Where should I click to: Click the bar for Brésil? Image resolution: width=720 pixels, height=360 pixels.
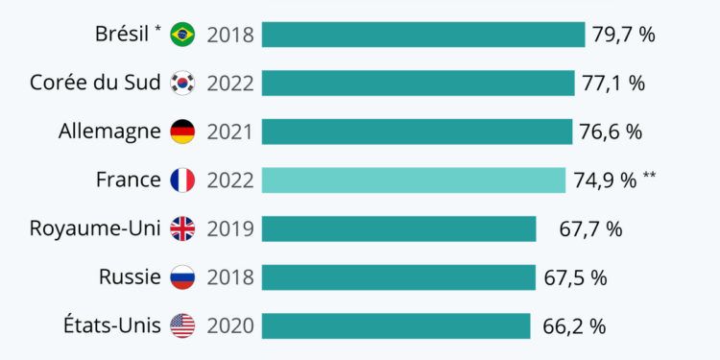click(x=423, y=35)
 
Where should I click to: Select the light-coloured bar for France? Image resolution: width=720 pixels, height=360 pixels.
click(x=414, y=180)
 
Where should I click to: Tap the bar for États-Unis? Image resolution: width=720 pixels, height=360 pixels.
click(x=396, y=325)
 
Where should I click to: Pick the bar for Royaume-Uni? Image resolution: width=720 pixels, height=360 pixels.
click(x=398, y=228)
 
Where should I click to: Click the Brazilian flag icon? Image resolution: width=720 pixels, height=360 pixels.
click(x=182, y=35)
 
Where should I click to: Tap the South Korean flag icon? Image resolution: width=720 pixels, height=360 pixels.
click(x=182, y=83)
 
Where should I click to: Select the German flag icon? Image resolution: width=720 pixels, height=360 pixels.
click(x=182, y=132)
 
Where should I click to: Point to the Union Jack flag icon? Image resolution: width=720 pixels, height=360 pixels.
click(x=182, y=228)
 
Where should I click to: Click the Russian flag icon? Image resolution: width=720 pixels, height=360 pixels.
click(x=182, y=277)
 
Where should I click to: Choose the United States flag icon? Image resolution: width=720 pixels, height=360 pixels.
click(x=182, y=325)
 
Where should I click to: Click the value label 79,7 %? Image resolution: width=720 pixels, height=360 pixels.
click(x=623, y=35)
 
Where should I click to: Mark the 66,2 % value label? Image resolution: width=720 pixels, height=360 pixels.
click(x=574, y=326)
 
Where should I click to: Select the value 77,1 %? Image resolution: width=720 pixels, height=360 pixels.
click(x=613, y=84)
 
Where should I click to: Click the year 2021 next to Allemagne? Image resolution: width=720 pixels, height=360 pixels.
click(x=230, y=132)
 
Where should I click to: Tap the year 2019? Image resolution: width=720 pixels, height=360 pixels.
click(x=230, y=229)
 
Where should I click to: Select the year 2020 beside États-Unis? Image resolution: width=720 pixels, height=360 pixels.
click(x=230, y=326)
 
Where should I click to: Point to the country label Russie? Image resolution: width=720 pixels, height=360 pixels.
click(x=130, y=277)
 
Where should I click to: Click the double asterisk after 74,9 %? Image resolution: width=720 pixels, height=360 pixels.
click(x=650, y=175)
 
